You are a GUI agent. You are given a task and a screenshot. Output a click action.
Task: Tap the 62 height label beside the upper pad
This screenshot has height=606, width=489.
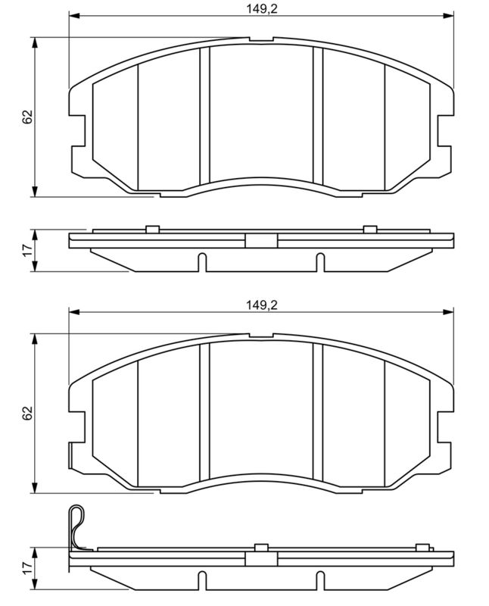click(27, 117)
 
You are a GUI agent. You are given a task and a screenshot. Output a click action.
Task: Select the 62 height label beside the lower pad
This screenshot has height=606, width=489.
click(27, 413)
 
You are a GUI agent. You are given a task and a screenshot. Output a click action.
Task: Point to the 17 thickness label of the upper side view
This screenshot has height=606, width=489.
click(27, 250)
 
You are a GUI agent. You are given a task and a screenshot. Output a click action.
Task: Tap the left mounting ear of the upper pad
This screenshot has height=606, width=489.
click(76, 130)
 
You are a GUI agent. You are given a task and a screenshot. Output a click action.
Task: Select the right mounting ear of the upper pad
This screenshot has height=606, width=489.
click(446, 130)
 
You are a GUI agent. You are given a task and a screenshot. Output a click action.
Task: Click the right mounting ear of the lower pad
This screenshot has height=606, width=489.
click(446, 426)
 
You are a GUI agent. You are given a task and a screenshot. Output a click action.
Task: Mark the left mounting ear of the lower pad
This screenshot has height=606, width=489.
click(76, 426)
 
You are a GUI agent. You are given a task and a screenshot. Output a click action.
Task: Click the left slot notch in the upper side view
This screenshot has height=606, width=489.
click(201, 262)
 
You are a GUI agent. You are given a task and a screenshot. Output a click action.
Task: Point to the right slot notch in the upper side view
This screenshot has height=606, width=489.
click(319, 262)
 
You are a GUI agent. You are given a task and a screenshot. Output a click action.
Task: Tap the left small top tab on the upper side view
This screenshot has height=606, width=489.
click(151, 229)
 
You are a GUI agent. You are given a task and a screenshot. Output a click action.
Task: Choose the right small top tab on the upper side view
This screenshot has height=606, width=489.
click(369, 229)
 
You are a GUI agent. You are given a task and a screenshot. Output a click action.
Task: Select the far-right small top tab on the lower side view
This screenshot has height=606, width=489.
click(421, 547)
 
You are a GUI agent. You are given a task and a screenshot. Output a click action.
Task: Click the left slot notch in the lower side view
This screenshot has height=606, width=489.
click(201, 580)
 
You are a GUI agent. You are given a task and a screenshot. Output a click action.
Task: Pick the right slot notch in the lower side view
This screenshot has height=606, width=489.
click(319, 580)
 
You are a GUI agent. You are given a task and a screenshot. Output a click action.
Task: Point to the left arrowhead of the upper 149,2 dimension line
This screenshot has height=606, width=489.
click(73, 15)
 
